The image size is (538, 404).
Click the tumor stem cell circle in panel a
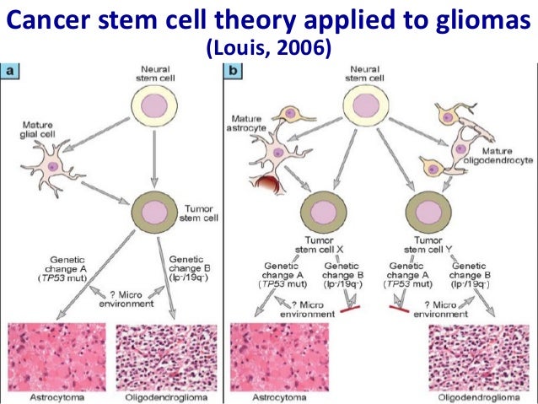pyautogui.click(x=154, y=207)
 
